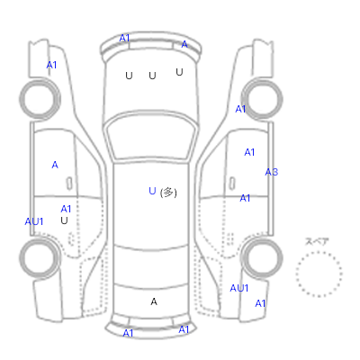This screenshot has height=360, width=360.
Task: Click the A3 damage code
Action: click(x=272, y=172)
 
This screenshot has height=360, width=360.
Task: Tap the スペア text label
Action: click(x=317, y=241)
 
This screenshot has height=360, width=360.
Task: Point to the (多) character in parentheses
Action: click(x=168, y=193)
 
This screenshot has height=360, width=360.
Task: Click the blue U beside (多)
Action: click(x=152, y=191)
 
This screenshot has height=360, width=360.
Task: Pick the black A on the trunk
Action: click(x=154, y=301)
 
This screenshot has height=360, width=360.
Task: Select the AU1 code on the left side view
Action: click(x=34, y=221)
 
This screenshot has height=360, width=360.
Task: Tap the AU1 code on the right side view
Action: click(x=239, y=288)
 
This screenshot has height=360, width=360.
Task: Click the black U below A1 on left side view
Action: click(x=64, y=220)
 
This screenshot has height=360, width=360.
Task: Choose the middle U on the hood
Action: click(x=152, y=76)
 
